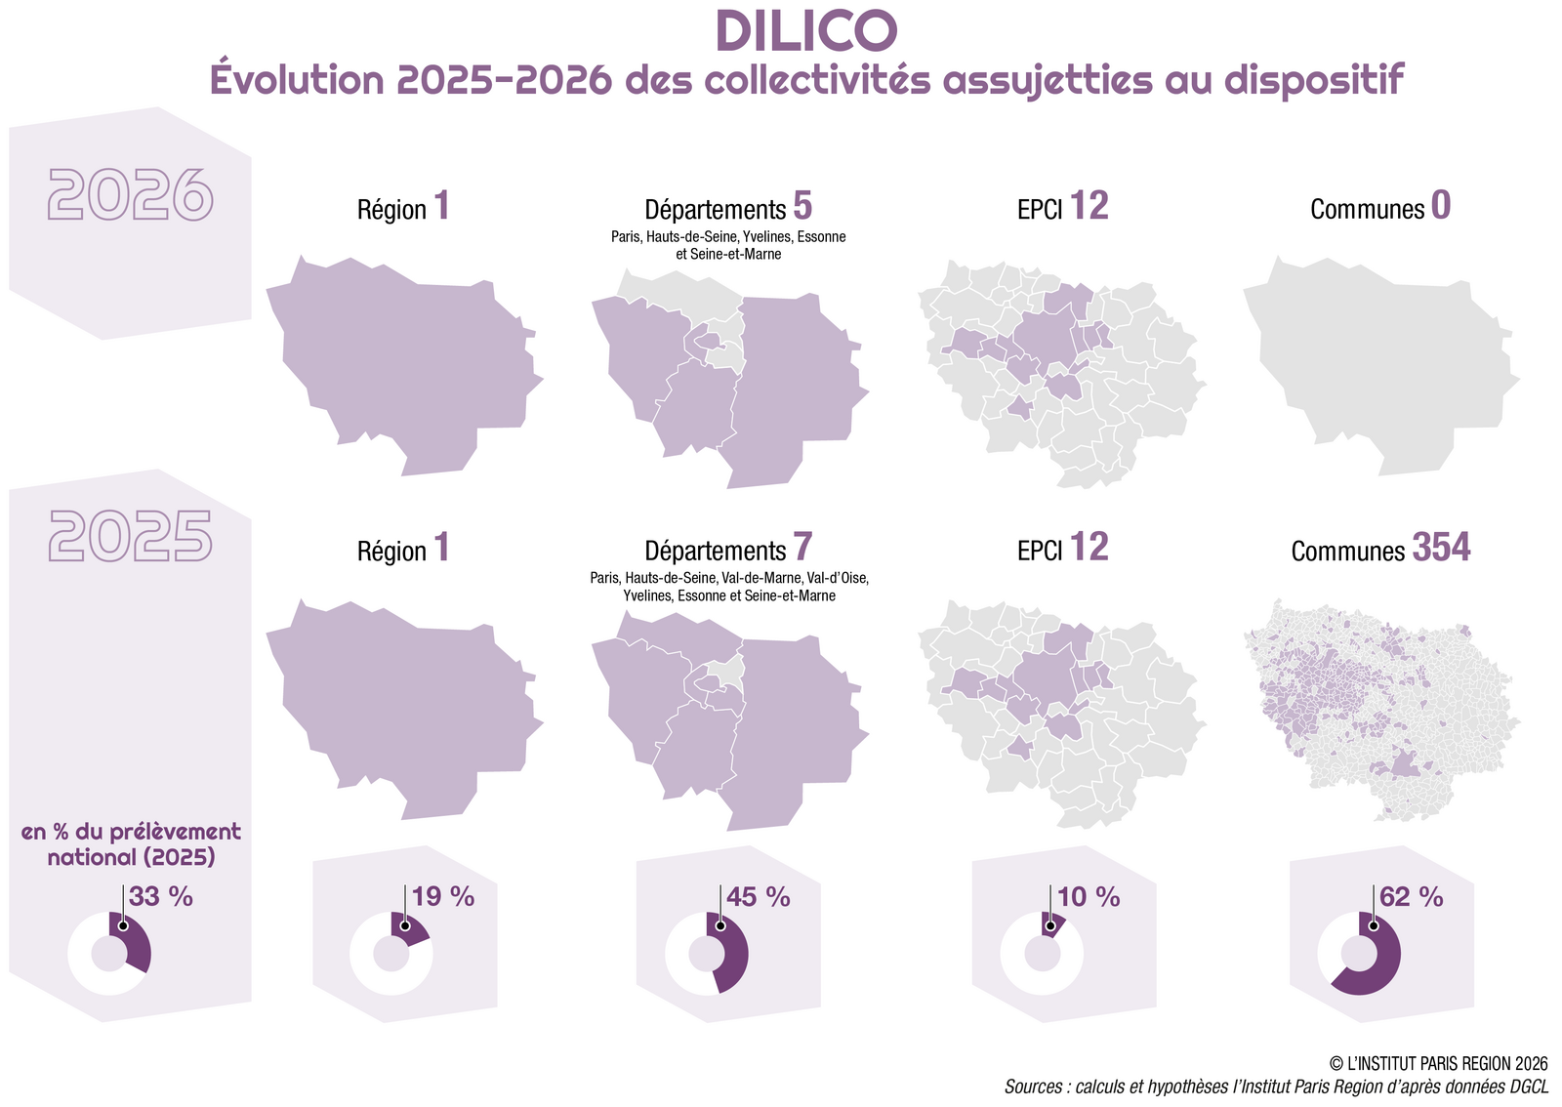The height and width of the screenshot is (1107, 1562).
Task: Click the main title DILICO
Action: pyautogui.click(x=806, y=31)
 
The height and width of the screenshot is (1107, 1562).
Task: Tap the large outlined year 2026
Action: pyautogui.click(x=130, y=195)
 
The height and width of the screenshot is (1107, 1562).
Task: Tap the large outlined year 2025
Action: pyautogui.click(x=130, y=536)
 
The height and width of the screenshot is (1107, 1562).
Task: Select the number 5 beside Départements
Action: pyautogui.click(x=802, y=206)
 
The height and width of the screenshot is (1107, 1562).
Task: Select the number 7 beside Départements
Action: pyautogui.click(x=802, y=548)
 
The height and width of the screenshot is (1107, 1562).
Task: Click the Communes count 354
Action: pyautogui.click(x=1441, y=548)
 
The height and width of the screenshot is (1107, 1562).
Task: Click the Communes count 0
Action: pyautogui.click(x=1441, y=206)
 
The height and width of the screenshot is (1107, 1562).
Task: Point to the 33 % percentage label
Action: pyautogui.click(x=161, y=896)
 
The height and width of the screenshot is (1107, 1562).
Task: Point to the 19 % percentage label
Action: pyautogui.click(x=443, y=896)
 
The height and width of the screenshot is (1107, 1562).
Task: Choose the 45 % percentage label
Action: pyautogui.click(x=759, y=896)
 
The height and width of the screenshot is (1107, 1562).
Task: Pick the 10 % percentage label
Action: pyautogui.click(x=1089, y=896)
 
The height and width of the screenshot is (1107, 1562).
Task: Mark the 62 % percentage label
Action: pyautogui.click(x=1412, y=896)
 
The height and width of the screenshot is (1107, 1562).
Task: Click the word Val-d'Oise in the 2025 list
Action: pyautogui.click(x=837, y=578)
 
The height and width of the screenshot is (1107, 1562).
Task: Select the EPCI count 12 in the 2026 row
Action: pyautogui.click(x=1089, y=206)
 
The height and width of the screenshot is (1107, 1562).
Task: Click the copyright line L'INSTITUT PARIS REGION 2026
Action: pyautogui.click(x=1438, y=1063)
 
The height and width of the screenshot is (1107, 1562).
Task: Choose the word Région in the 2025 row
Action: pyautogui.click(x=391, y=552)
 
